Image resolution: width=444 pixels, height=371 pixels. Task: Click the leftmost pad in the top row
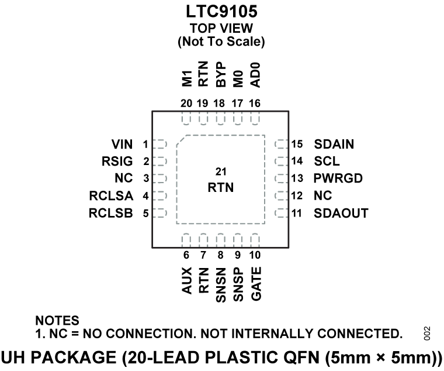coord(186,119)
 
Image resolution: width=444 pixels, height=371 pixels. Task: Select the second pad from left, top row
coord(203,119)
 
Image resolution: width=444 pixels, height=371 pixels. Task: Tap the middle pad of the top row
coord(220,119)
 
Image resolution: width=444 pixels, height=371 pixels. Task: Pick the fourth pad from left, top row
coord(238,119)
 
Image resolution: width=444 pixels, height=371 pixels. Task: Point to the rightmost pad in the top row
coord(255,119)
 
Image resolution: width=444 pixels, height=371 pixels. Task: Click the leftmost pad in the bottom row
coord(186,240)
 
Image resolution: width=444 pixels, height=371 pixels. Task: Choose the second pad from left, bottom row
coord(203,240)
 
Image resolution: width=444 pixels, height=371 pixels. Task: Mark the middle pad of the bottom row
coord(220,240)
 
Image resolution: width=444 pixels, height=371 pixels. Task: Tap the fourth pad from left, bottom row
coord(238,240)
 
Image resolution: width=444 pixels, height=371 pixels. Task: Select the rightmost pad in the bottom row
coord(255,240)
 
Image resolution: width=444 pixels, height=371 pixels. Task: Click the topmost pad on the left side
coord(160,144)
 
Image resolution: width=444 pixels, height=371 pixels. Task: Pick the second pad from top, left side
coord(160,161)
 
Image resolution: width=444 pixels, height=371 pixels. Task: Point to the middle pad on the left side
coord(160,178)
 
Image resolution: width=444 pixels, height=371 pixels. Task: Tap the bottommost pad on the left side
coord(160,213)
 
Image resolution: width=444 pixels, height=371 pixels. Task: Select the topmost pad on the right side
coord(281,144)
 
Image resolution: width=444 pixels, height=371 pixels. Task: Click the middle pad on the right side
coord(281,178)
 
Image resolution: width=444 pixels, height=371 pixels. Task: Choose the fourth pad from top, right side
coord(281,195)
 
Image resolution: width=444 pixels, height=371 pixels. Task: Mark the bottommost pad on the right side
coord(281,213)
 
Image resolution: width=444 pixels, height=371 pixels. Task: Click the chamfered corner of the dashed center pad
coord(181,140)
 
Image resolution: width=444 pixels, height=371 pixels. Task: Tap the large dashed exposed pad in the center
coord(221,180)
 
